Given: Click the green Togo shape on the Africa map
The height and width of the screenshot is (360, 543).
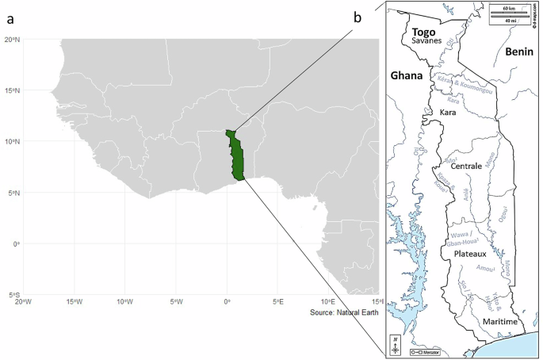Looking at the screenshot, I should point(234,155).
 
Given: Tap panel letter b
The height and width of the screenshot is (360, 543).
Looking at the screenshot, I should point(358,16).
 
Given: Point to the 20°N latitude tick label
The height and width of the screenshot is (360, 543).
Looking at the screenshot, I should point(11,39).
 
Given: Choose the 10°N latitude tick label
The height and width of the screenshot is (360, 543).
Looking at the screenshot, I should point(11,141).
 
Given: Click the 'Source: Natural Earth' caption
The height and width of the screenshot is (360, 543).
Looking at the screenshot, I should point(345,313).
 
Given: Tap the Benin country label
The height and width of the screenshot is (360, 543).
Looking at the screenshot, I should point(518,52).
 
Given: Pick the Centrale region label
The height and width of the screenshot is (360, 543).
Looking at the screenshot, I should point(466,167).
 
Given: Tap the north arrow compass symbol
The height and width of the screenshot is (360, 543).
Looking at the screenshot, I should point(396,346).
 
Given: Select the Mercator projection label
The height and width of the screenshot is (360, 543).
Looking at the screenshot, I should point(426,350).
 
